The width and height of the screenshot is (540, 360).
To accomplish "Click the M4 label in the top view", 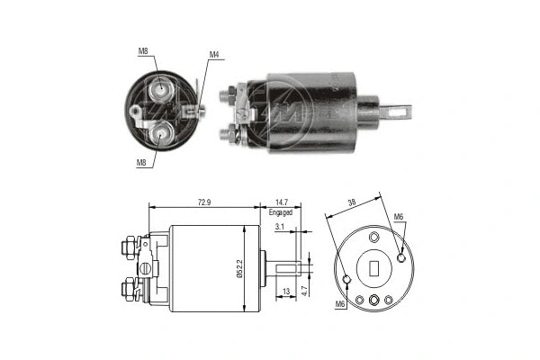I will (214, 55).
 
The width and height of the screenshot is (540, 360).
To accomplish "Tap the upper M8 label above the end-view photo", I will (143, 51).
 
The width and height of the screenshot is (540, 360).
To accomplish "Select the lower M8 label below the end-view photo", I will (141, 163).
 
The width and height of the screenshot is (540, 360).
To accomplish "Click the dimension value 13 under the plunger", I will (285, 292).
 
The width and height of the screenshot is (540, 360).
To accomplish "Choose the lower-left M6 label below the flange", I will (340, 304).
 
